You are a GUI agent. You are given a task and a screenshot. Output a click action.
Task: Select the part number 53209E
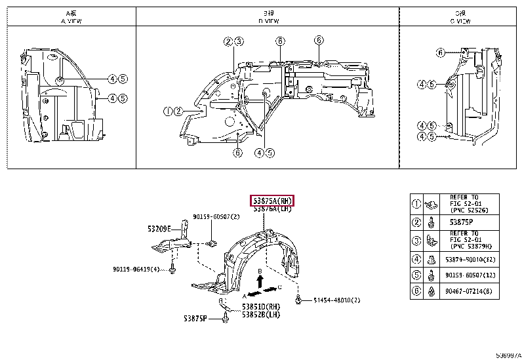[159, 229]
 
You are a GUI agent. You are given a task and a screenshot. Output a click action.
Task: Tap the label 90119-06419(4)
[135, 268]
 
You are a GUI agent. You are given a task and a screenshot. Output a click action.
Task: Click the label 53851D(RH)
[262, 307]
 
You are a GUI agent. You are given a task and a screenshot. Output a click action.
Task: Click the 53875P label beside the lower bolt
[195, 319]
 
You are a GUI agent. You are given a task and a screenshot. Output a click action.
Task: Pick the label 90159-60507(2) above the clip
[216, 216]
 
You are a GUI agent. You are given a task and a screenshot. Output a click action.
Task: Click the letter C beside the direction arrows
[280, 287]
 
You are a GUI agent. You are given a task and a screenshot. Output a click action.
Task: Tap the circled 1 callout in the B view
[169, 111]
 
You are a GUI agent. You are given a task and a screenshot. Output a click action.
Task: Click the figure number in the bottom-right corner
[508, 355]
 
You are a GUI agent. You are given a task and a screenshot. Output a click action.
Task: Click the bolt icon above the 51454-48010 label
[298, 300]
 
